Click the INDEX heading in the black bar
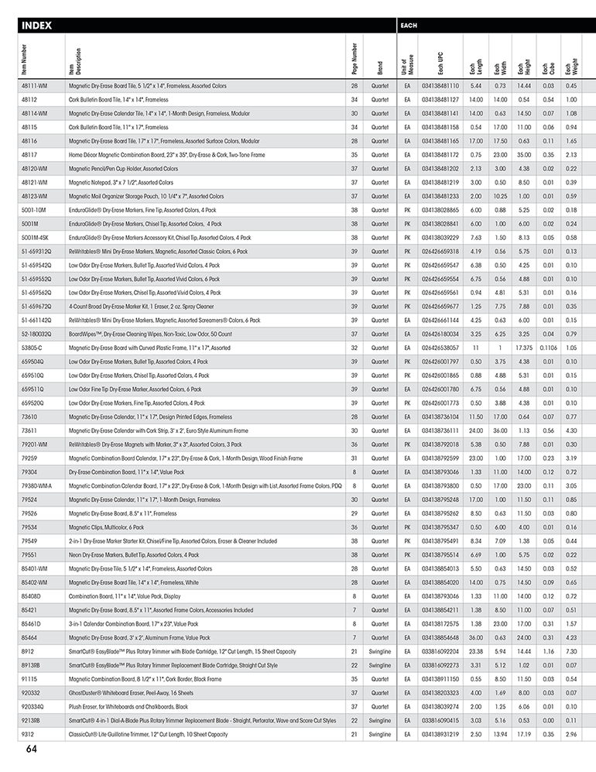tap(39, 26)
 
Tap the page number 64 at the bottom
tap(32, 749)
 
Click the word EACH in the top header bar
tap(409, 26)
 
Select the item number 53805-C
tap(32, 348)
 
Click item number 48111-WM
tap(35, 85)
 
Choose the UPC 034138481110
tap(440, 85)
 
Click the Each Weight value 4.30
tap(571, 431)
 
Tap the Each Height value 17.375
tap(524, 348)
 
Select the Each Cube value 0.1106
tap(548, 348)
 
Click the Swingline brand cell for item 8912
tap(379, 651)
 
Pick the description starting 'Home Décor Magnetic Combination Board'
tap(166, 155)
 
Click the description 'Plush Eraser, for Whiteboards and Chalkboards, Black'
tap(128, 706)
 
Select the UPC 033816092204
tap(440, 651)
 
